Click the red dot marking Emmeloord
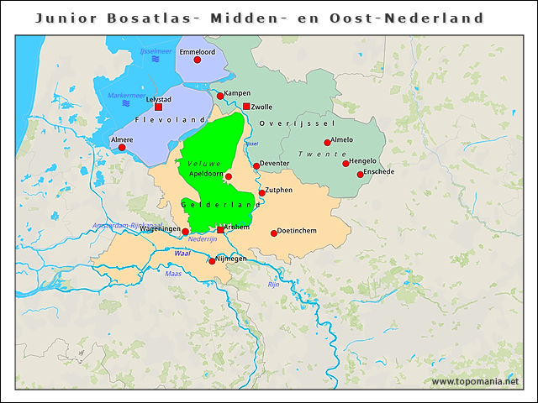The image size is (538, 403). [198, 60]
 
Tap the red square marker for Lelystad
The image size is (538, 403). [158, 107]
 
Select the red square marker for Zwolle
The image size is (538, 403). [246, 107]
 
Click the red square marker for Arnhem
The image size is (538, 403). [220, 229]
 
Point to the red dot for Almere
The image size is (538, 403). [122, 148]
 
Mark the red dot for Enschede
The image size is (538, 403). [361, 175]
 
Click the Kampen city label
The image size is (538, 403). [238, 93]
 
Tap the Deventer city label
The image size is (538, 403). [275, 163]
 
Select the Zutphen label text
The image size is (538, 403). [280, 190]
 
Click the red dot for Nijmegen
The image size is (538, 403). [212, 261]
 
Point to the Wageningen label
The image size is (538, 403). [161, 228]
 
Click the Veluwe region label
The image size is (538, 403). [203, 162]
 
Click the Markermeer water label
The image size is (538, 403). [127, 95]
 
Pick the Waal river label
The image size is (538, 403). [182, 253]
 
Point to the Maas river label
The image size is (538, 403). [173, 273]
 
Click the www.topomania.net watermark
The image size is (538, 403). [474, 382]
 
